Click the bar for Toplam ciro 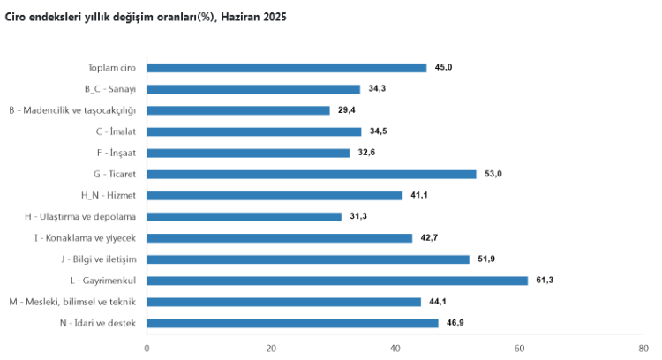[x=286, y=68]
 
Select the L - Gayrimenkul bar [x=336, y=281]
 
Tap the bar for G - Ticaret [x=311, y=174]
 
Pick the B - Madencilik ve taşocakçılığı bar [x=237, y=110]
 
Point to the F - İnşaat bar [x=247, y=153]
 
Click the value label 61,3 [x=544, y=281]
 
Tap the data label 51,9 [x=485, y=259]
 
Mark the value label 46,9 [x=455, y=323]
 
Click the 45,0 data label [x=443, y=68]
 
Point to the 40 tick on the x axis [x=395, y=347]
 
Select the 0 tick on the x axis [x=147, y=347]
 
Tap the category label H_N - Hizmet [x=109, y=196]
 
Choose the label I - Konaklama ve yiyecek [x=86, y=238]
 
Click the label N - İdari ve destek [x=98, y=323]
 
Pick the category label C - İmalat [x=117, y=131]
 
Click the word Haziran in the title [x=241, y=17]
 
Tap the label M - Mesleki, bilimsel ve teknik [x=72, y=302]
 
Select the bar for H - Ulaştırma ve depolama [x=244, y=217]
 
